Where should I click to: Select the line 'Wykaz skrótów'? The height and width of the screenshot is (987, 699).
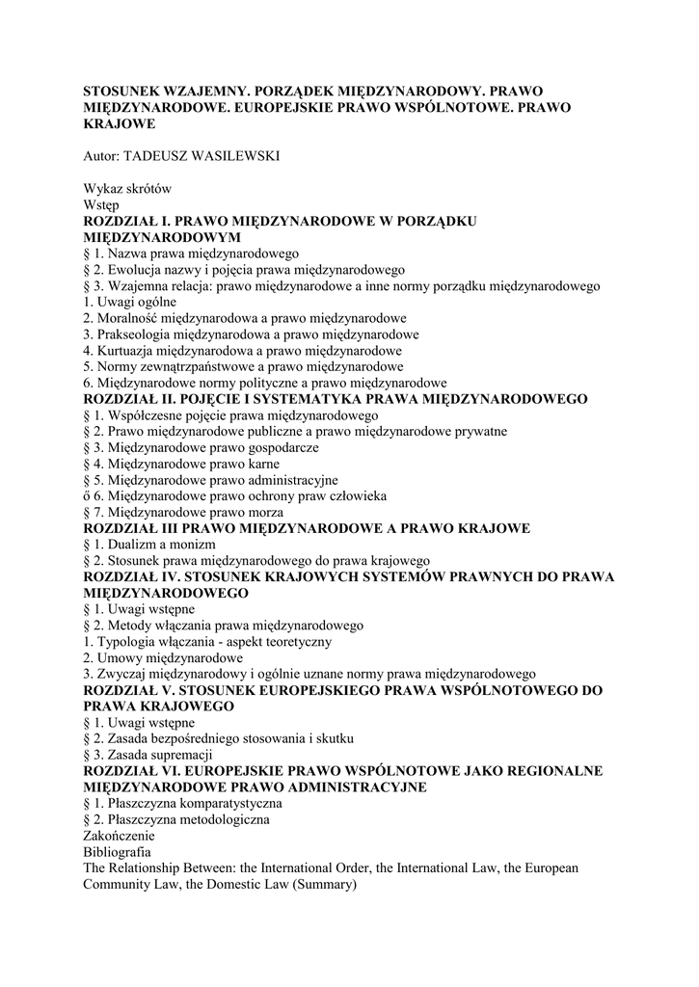click(x=127, y=188)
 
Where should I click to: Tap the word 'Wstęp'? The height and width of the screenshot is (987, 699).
click(x=101, y=204)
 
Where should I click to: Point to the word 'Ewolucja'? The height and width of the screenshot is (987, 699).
click(x=131, y=269)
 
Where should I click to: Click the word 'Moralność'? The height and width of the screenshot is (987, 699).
click(x=128, y=318)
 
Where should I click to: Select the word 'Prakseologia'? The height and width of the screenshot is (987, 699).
click(x=135, y=333)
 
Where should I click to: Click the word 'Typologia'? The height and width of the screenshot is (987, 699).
click(x=127, y=641)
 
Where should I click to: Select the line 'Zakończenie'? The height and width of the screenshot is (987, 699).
click(x=119, y=836)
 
